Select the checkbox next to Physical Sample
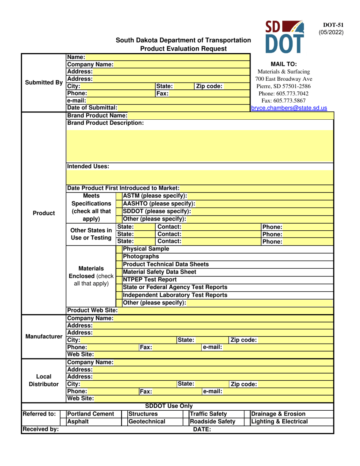[x=119, y=249]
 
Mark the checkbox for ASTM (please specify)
[x=119, y=195]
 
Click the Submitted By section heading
[x=44, y=83]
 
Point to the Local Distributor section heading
[x=44, y=381]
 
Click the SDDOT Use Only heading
[x=167, y=405]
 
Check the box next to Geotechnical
[x=124, y=421]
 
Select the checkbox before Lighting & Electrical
[x=247, y=421]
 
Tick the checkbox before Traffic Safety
[x=186, y=413]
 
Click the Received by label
[x=38, y=429]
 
